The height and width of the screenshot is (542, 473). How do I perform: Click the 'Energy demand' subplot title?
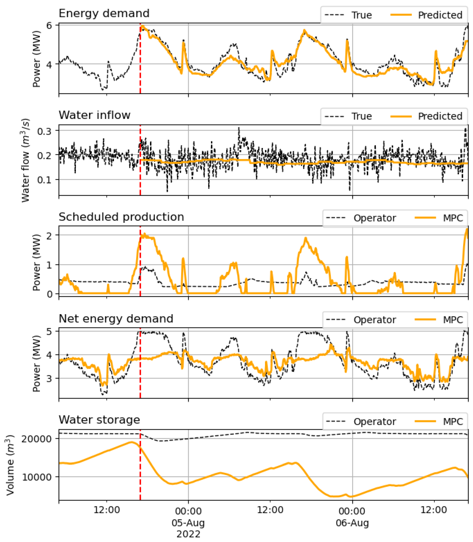tap(104, 13)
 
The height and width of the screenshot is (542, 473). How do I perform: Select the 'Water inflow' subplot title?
tap(95, 115)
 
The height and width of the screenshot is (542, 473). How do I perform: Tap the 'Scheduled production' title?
tap(121, 217)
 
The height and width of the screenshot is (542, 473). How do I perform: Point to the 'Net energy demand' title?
tap(116, 319)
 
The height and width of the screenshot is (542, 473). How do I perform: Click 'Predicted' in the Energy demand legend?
tap(440, 15)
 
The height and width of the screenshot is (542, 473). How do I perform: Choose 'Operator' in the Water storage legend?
tap(375, 421)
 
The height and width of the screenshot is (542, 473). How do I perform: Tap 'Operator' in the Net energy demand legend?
tap(375, 320)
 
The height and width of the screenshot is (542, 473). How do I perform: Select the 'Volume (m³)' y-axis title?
tap(10, 465)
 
